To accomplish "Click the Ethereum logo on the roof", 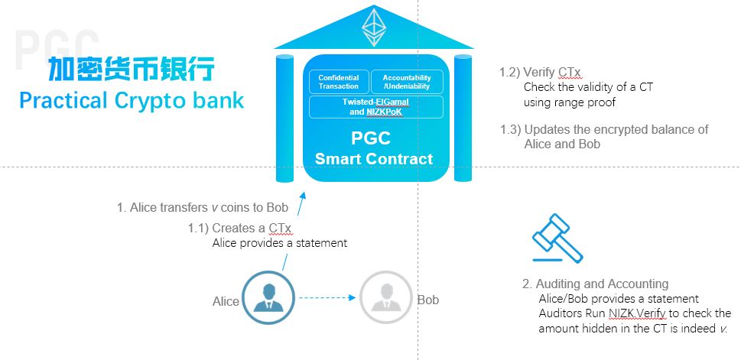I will pyautogui.click(x=374, y=28).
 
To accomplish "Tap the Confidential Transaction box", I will pyautogui.click(x=338, y=82).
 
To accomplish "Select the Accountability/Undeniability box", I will pyautogui.click(x=406, y=82).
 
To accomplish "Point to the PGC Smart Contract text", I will pyautogui.click(x=373, y=150).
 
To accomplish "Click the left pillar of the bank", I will pyautogui.click(x=284, y=118).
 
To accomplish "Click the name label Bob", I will pyautogui.click(x=428, y=300).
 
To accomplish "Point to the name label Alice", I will pyautogui.click(x=226, y=301).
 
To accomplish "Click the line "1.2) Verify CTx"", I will pyautogui.click(x=540, y=73).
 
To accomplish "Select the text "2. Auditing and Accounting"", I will pyautogui.click(x=596, y=284).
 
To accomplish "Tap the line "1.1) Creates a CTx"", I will pyautogui.click(x=240, y=228).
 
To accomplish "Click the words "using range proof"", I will pyautogui.click(x=570, y=102).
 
